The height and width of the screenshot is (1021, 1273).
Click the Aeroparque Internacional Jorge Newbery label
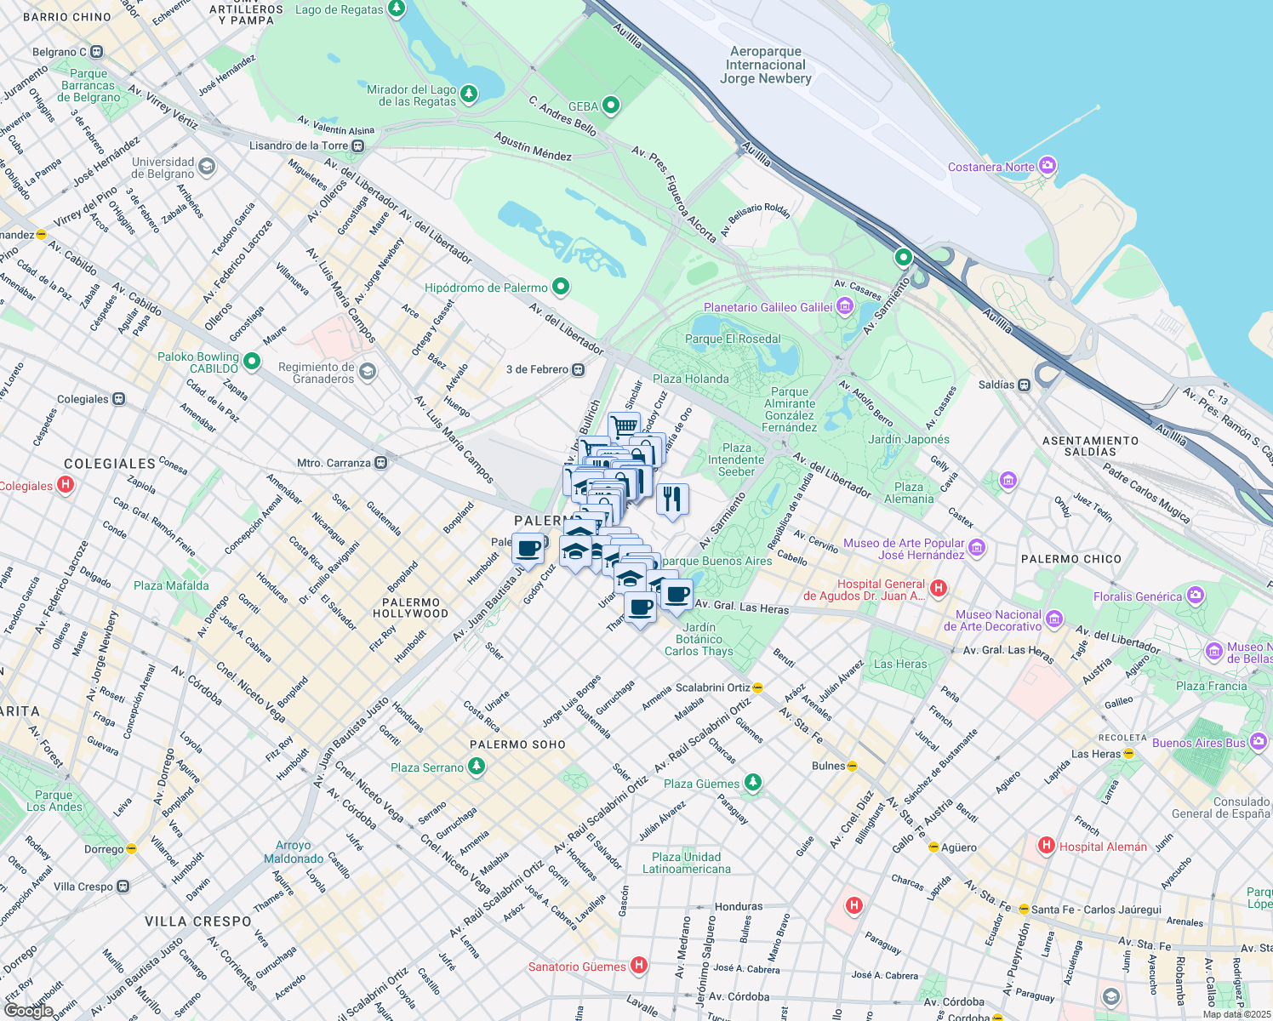765,65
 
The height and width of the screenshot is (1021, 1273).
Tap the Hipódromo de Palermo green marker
560,287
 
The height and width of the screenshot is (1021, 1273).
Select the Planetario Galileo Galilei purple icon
844,306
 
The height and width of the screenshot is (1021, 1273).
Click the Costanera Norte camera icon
1048,166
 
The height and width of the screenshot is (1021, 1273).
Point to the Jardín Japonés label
909,439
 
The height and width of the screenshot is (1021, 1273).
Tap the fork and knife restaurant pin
672,499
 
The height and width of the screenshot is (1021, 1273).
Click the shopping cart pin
624,426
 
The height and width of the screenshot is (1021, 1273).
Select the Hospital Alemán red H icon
1046,846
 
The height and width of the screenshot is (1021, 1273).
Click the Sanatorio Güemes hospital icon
638,966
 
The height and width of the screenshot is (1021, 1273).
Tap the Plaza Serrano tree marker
477,767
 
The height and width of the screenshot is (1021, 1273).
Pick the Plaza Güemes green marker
752,783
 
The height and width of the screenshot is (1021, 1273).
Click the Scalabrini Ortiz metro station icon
757,687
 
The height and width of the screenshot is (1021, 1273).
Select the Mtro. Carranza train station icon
381,463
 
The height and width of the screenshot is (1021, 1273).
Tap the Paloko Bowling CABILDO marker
251,362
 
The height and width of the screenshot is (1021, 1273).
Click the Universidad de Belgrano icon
207,167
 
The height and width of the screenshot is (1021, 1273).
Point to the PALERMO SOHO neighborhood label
517,744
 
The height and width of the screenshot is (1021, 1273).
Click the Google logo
28,1010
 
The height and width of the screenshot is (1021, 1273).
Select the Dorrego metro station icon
131,849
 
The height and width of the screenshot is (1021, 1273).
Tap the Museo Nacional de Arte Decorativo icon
1054,619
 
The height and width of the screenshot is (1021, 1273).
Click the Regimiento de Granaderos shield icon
367,372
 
